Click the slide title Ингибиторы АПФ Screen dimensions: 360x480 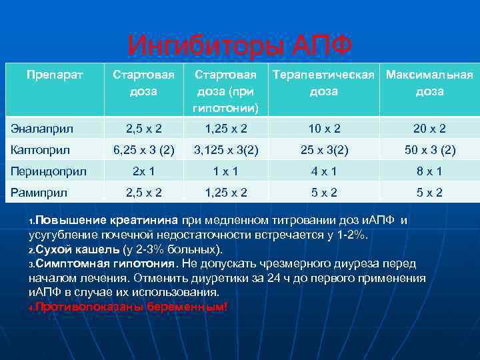tap(239, 46)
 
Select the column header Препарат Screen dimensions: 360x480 tap(55, 75)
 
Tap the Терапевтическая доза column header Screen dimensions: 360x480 tap(324, 83)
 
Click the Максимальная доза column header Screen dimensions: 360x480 tap(429, 83)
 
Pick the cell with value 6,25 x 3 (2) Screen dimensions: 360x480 tap(144, 150)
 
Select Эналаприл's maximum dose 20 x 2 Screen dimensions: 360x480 tap(429, 128)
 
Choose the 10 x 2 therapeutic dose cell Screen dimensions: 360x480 tap(324, 128)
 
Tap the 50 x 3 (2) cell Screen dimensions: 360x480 tap(429, 150)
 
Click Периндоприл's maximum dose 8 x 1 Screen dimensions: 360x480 tap(429, 171)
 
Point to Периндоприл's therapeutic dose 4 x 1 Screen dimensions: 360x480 tap(324, 171)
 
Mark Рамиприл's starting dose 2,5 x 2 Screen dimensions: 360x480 tap(144, 193)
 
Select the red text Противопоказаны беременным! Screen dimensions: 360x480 tap(131, 307)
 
